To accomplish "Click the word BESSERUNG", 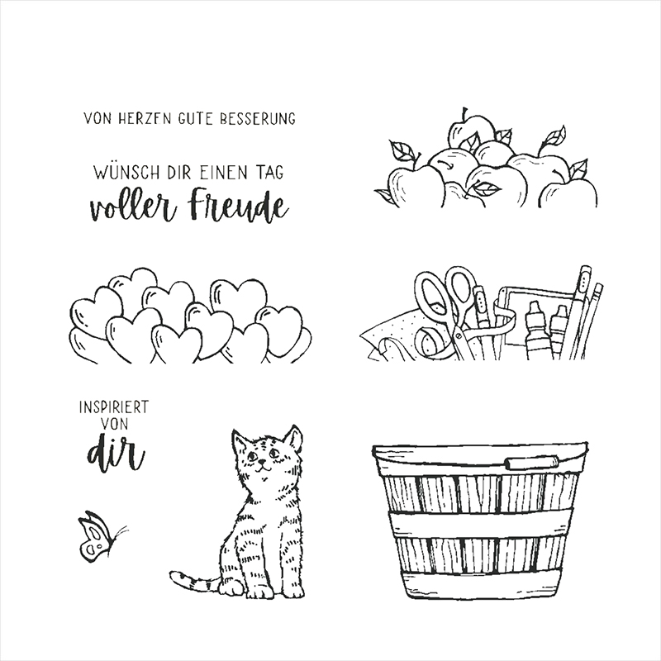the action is point(257,118).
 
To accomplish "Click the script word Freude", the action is point(239,207).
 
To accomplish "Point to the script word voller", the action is point(133,208).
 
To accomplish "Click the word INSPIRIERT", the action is point(114,407).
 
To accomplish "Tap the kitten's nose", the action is point(263,462).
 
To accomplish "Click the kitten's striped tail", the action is point(194,582).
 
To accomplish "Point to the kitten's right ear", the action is point(293,440).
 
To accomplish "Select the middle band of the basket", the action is point(481,524).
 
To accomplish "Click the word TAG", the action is point(269,173).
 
